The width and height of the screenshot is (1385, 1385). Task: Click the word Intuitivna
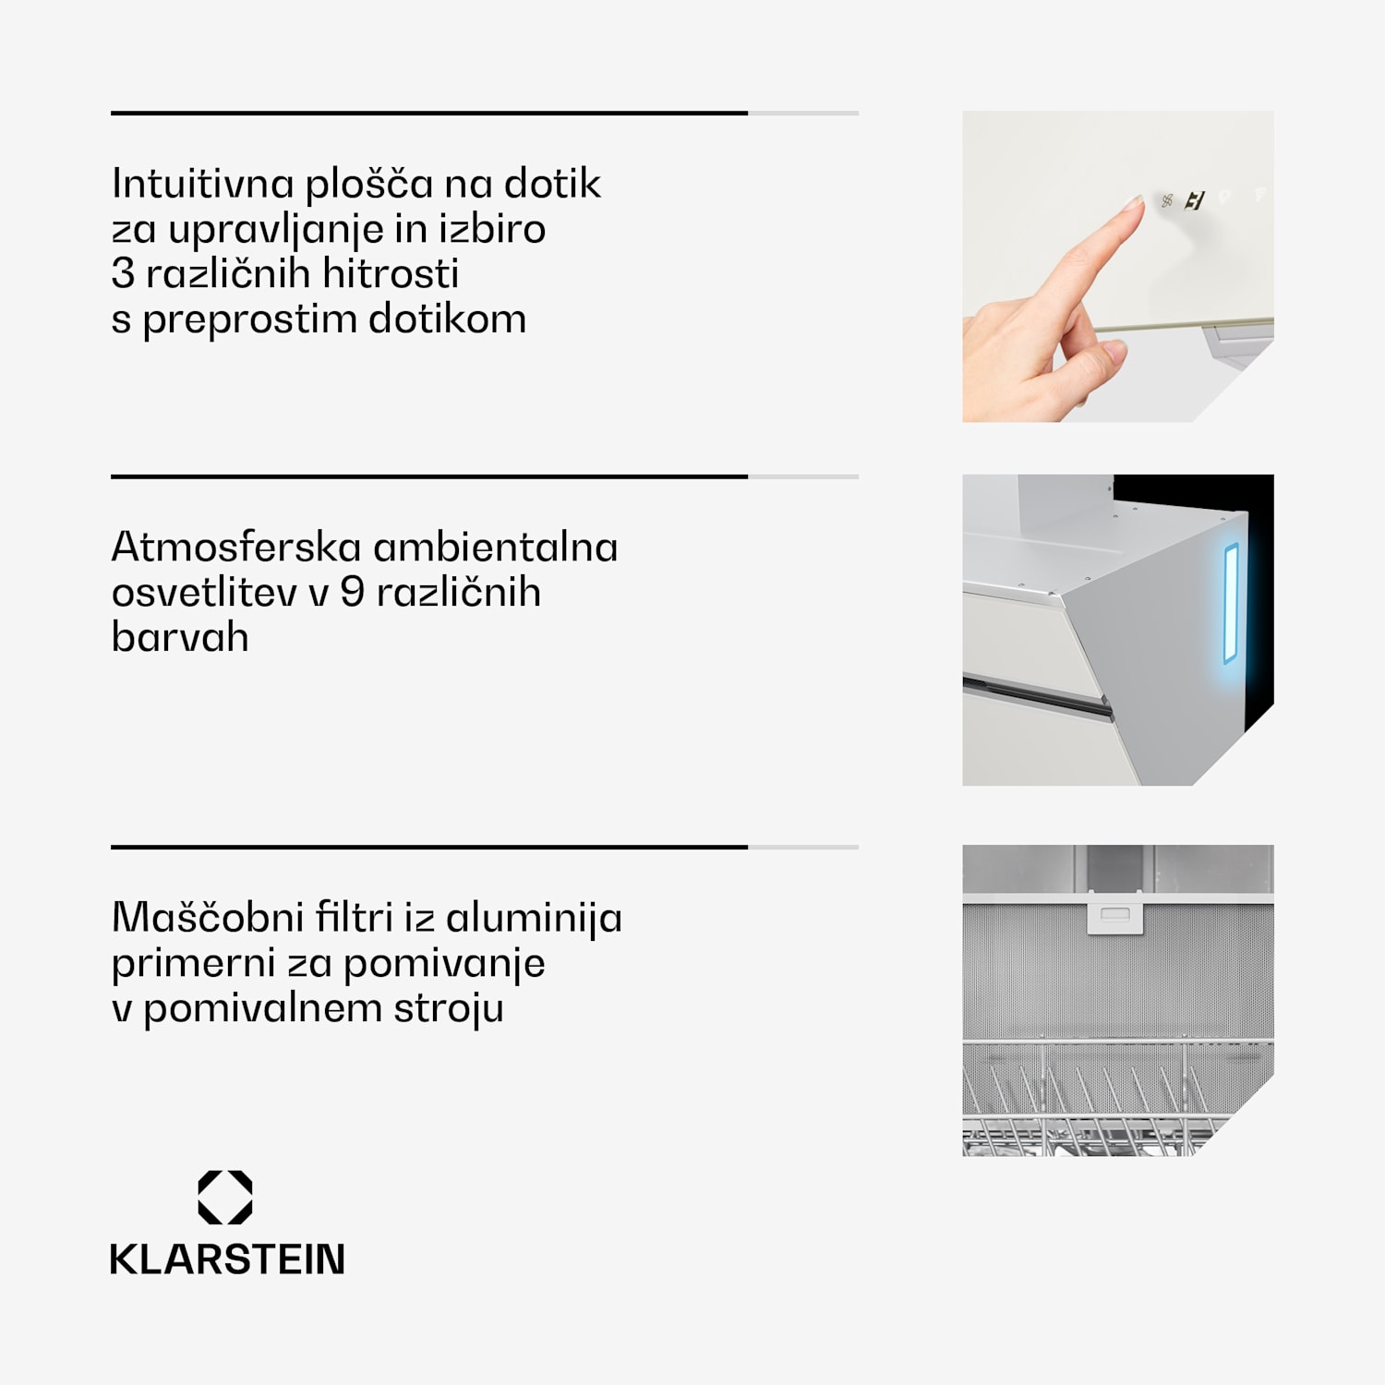[x=203, y=183]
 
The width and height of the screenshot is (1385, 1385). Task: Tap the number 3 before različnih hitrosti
[x=123, y=273]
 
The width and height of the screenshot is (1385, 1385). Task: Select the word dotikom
[x=448, y=319]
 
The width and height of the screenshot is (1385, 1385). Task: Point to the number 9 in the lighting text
[x=352, y=592]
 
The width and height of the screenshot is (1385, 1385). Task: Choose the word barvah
[x=180, y=637]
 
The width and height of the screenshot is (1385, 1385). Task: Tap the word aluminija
[x=534, y=919]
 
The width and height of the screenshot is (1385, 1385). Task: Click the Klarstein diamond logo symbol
[x=225, y=1198]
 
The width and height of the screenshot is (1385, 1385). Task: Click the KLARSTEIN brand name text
[x=227, y=1259]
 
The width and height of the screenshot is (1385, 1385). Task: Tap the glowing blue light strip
[x=1231, y=604]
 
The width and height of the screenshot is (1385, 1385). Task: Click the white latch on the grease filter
[x=1115, y=913]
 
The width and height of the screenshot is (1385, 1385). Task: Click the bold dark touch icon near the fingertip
[x=1196, y=200]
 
